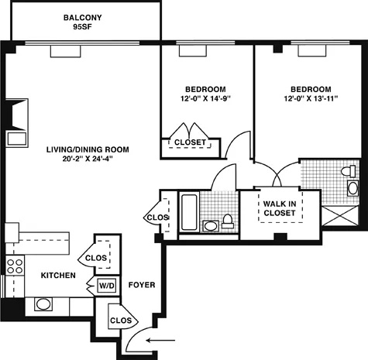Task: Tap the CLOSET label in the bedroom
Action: [190, 142]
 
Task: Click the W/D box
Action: [105, 286]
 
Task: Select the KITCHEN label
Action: [57, 276]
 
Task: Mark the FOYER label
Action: [141, 285]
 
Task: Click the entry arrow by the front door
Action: [160, 339]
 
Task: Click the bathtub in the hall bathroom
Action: [189, 211]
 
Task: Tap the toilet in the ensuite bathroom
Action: [353, 187]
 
